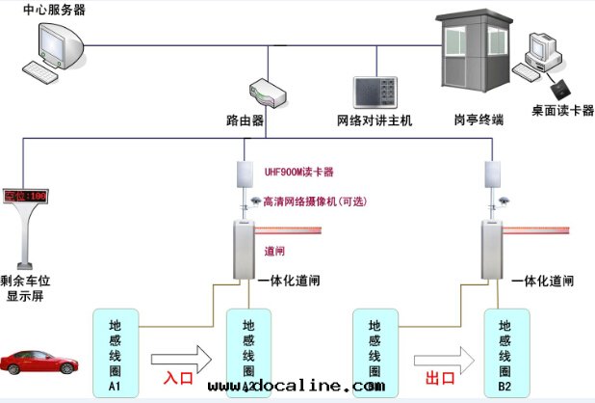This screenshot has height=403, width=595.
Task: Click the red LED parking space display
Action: pyautogui.click(x=25, y=196)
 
